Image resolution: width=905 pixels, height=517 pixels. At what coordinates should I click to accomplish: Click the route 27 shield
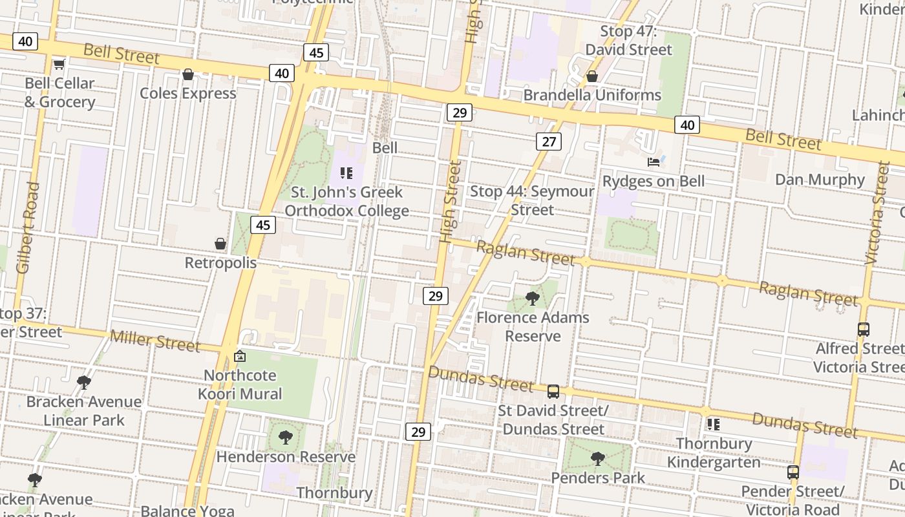[548, 142]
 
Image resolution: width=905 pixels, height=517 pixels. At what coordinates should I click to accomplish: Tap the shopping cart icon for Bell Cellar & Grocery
[59, 64]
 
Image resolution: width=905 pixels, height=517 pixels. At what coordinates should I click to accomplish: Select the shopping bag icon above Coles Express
[188, 74]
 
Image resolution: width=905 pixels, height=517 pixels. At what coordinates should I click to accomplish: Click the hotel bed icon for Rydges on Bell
[654, 162]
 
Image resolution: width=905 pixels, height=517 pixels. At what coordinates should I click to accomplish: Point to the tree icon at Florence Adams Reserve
[533, 298]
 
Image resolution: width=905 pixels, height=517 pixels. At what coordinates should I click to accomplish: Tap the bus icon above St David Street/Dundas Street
[553, 392]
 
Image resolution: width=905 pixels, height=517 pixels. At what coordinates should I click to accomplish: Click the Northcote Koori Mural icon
[240, 356]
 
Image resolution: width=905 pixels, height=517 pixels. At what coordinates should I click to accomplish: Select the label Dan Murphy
[820, 180]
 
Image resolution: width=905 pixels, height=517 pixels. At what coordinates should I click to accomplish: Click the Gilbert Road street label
[28, 227]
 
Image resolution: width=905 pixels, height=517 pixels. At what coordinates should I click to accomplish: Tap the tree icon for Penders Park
[598, 459]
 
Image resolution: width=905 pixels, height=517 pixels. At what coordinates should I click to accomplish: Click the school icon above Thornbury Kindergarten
[714, 425]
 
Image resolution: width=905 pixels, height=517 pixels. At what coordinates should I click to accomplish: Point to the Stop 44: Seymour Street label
[531, 200]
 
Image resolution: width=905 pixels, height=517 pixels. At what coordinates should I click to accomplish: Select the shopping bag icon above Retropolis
[220, 244]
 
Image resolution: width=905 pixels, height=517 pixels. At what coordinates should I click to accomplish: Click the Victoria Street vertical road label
[877, 213]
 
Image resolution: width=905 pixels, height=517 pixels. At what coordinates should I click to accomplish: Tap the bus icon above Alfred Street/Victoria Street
[863, 330]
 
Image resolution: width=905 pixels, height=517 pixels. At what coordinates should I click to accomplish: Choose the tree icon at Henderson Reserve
[285, 438]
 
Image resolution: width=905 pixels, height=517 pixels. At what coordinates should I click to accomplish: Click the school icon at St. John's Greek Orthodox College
[346, 173]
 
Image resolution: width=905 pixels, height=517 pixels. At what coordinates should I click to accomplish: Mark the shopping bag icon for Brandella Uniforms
[591, 76]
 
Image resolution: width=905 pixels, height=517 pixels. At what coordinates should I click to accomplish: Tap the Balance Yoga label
[187, 511]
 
